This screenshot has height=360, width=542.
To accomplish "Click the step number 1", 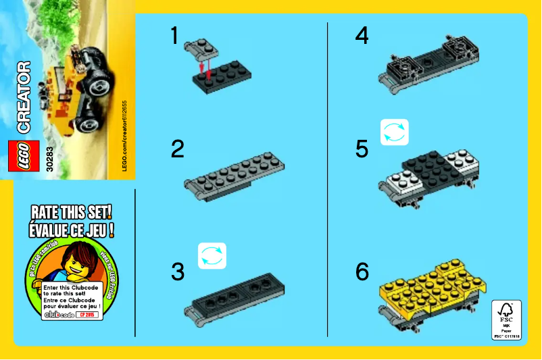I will (x=175, y=35).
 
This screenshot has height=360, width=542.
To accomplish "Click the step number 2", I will (x=178, y=149).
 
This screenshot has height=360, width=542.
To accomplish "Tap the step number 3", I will (x=178, y=272).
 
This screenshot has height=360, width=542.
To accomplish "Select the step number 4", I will (x=362, y=35).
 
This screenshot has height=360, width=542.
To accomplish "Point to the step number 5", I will (x=362, y=149).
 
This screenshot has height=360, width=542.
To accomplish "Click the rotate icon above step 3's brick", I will (x=212, y=256).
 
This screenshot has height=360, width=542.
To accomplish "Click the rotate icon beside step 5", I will (x=395, y=132).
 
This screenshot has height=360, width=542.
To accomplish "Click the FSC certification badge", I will (x=506, y=319).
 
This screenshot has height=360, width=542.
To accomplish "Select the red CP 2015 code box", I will (x=89, y=314).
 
